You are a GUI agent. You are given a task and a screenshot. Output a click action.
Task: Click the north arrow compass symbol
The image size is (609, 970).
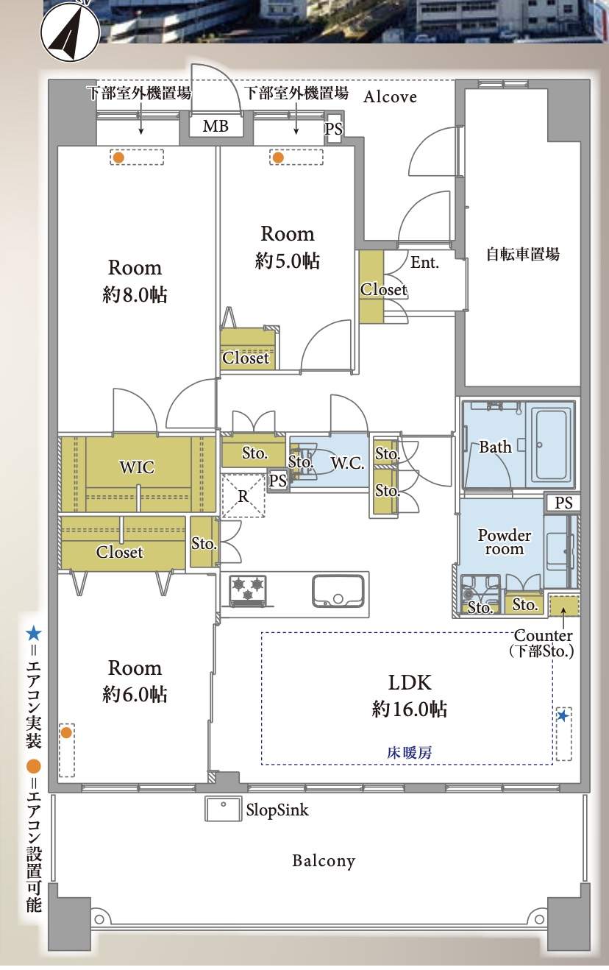(x=70, y=30)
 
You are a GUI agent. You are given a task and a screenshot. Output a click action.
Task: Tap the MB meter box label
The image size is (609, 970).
(x=216, y=126)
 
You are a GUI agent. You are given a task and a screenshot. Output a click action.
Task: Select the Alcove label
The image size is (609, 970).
(x=390, y=96)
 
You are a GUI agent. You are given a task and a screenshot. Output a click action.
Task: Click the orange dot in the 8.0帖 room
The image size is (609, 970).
(x=118, y=157)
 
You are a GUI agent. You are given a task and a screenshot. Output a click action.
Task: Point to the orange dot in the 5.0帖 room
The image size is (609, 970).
(x=278, y=157)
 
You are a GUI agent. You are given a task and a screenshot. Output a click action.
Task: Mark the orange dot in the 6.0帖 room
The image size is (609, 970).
(x=65, y=733)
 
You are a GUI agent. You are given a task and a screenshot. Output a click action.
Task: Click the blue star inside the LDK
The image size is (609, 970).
(x=563, y=716)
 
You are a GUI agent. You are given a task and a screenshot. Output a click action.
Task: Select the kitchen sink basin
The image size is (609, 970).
(x=338, y=590)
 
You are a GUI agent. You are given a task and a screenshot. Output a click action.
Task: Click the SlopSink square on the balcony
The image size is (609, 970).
(x=223, y=809)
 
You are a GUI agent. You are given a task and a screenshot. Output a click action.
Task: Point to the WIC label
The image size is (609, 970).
(x=137, y=467)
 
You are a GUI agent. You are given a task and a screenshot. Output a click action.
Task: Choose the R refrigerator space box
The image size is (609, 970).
(x=243, y=496)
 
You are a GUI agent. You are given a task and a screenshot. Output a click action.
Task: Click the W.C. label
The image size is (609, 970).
(x=347, y=463)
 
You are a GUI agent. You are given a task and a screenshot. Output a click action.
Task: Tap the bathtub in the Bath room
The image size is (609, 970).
(x=552, y=445)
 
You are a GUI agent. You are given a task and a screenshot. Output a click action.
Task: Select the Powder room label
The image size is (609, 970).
(x=505, y=542)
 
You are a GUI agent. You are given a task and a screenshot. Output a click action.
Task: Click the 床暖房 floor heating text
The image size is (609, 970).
(x=409, y=753)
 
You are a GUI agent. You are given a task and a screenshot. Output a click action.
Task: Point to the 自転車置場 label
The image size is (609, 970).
(x=523, y=254)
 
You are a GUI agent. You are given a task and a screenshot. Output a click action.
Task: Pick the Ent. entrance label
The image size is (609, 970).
(x=424, y=263)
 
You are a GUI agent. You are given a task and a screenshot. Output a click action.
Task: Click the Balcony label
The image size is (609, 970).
(x=324, y=860)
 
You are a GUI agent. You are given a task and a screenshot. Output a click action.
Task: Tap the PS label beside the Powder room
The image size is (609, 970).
(x=563, y=503)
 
